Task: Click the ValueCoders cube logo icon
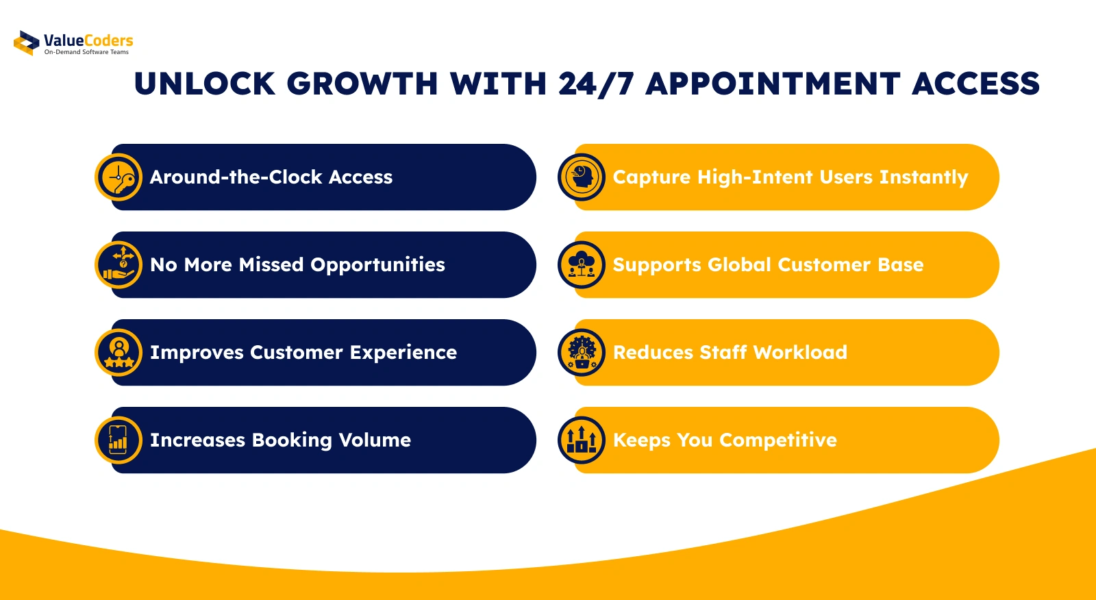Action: coord(27,43)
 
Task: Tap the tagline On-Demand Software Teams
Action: coord(86,52)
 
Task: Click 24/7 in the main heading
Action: coord(596,84)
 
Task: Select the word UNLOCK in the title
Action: coord(205,84)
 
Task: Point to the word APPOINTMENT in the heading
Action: coord(773,84)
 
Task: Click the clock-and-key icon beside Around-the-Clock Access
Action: coord(119,177)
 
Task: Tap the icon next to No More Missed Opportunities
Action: coord(119,265)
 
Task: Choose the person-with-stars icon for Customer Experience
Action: coord(119,352)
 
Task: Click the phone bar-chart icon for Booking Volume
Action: coord(119,440)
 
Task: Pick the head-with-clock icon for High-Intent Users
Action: coord(582,177)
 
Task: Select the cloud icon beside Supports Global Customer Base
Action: coord(582,265)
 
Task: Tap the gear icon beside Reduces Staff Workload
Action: coord(582,352)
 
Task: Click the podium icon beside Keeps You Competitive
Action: coord(582,440)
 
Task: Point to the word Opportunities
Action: coord(377,266)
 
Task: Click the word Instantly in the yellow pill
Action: coord(924,178)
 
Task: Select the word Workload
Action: coord(801,352)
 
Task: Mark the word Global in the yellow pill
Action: coord(739,265)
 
